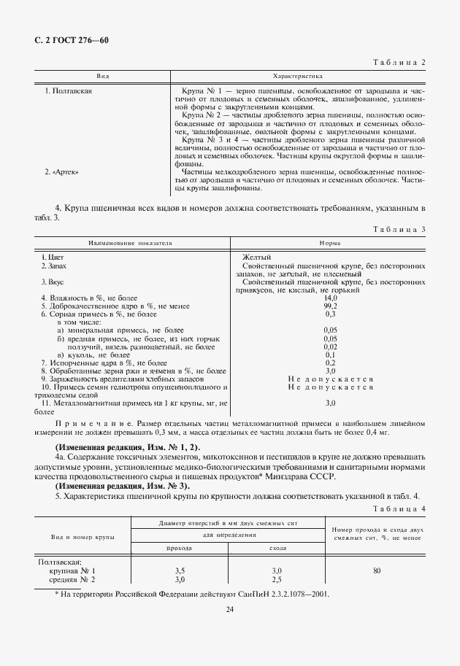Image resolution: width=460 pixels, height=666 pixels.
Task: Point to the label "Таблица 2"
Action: click(x=399, y=62)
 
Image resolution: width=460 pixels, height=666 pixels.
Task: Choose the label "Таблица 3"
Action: click(x=399, y=229)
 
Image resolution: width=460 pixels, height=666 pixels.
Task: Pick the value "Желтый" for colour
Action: click(x=256, y=258)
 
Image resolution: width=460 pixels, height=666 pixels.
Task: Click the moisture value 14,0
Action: click(x=330, y=298)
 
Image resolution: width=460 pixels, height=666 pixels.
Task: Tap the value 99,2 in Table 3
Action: click(x=330, y=306)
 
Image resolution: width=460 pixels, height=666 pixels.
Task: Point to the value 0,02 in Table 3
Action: click(x=330, y=346)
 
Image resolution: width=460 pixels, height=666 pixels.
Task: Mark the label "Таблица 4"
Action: click(x=399, y=508)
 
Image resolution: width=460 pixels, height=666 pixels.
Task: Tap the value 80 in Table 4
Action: click(x=376, y=570)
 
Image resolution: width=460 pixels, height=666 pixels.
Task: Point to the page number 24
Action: click(x=229, y=609)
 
